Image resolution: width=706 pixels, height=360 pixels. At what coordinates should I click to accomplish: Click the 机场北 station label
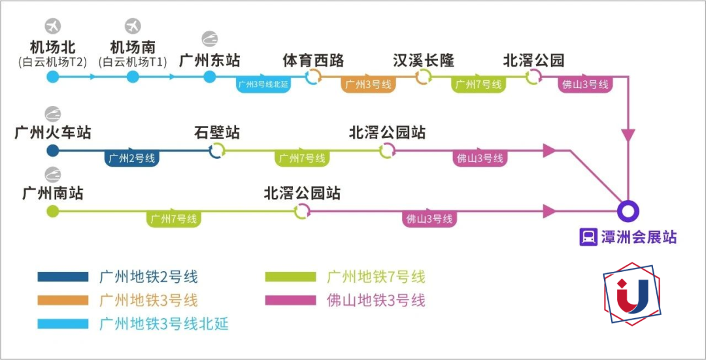click(x=53, y=47)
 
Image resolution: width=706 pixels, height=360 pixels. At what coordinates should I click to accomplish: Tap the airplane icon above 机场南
click(x=133, y=26)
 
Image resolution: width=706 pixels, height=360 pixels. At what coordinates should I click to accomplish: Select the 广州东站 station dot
click(x=209, y=77)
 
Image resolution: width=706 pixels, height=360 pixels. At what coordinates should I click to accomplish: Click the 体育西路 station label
click(x=313, y=61)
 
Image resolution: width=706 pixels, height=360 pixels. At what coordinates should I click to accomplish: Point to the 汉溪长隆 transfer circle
click(x=424, y=77)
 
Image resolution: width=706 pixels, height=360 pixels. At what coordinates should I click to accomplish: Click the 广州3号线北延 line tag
click(x=263, y=84)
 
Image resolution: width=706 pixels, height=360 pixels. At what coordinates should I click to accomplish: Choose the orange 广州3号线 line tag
click(x=368, y=84)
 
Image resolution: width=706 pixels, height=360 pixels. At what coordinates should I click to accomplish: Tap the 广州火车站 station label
click(x=53, y=133)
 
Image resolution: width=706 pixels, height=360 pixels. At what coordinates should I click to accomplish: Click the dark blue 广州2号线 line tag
click(x=132, y=158)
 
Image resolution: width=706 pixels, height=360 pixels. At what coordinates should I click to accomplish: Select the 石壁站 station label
click(x=217, y=133)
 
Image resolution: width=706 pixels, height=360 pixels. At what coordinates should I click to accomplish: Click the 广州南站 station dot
click(x=53, y=211)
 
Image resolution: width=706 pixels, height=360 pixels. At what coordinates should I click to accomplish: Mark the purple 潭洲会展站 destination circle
click(x=628, y=211)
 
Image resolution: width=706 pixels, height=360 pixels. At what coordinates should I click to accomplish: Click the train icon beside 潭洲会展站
click(x=588, y=237)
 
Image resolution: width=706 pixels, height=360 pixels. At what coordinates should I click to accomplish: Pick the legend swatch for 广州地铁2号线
click(x=63, y=277)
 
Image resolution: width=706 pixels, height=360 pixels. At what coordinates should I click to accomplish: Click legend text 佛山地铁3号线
click(x=376, y=301)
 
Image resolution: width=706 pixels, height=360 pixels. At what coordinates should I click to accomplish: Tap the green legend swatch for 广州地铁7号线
click(x=290, y=277)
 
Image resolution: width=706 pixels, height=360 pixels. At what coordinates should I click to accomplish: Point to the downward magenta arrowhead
click(x=628, y=135)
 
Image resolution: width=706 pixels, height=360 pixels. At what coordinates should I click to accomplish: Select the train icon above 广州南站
click(x=53, y=175)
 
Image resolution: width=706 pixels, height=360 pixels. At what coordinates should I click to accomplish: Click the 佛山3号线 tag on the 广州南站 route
click(x=429, y=219)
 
